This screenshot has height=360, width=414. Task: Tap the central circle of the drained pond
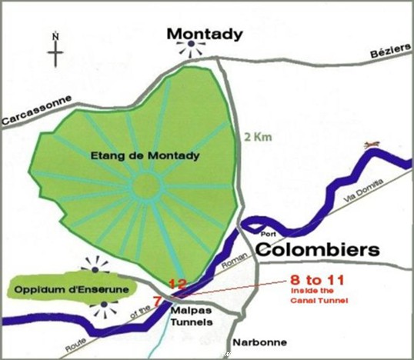[144, 188]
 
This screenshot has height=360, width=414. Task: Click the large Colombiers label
[318, 250]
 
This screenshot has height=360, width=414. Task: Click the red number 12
[177, 283]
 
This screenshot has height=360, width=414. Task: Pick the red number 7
[157, 300]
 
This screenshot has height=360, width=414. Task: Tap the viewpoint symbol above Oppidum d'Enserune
[97, 264]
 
